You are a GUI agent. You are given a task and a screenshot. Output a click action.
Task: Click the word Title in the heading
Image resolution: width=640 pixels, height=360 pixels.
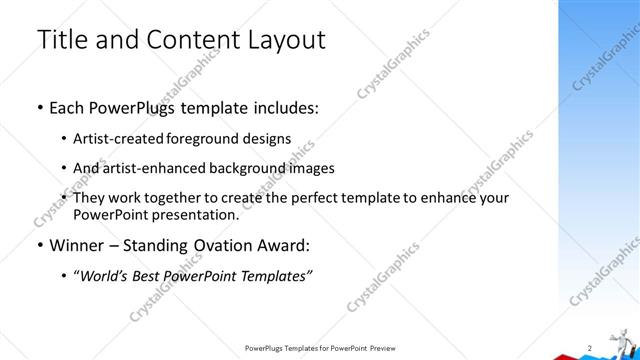pos(62,40)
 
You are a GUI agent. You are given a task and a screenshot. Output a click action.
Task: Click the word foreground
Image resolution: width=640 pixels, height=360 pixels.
pos(206,139)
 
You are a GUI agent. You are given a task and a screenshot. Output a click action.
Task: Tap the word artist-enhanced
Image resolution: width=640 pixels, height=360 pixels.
pos(158,167)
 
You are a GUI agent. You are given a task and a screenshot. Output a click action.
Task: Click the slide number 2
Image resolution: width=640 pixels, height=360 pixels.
pos(591,347)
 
